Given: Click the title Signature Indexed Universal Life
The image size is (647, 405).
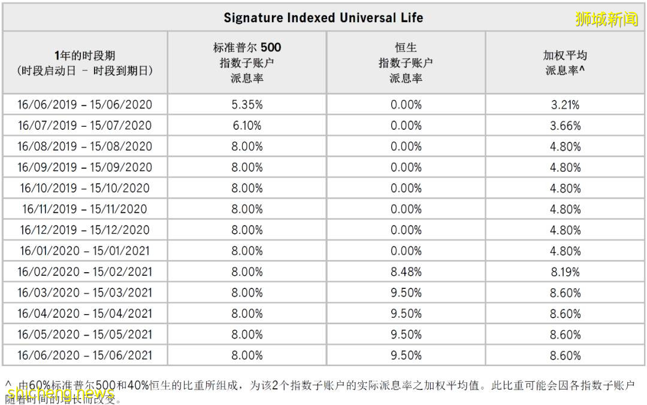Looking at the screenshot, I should (x=323, y=17).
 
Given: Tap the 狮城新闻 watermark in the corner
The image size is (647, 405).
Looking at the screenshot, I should (x=606, y=19).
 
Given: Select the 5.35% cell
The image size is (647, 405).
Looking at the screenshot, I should (x=247, y=105).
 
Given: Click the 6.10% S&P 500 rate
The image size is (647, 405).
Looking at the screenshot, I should (x=247, y=126).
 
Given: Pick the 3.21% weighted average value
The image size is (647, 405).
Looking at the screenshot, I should (x=565, y=105).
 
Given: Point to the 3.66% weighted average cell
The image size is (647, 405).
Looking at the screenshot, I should (x=565, y=126).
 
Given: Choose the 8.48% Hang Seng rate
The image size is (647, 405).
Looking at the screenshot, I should (x=406, y=272).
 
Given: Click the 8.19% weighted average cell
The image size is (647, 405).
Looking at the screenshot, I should (x=565, y=272).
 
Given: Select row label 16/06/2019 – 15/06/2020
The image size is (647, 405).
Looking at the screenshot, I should (x=85, y=105).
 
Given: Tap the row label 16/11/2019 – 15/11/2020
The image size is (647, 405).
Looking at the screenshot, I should (x=85, y=209).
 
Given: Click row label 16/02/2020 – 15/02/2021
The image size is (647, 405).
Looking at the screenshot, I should (x=85, y=272).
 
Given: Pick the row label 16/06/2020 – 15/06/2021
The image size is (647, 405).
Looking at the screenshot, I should (x=85, y=355).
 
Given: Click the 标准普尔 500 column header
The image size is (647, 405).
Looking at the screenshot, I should (x=247, y=62).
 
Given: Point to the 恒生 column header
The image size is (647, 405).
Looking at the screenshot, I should (x=406, y=62).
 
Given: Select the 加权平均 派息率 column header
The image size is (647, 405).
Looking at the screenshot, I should (x=565, y=62).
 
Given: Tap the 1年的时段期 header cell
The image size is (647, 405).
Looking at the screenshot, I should (x=85, y=62).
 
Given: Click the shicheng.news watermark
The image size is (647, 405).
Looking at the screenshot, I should (x=60, y=394).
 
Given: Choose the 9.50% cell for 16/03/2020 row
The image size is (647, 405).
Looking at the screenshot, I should (x=406, y=293).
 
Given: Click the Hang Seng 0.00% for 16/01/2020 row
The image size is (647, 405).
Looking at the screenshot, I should (x=406, y=251).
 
